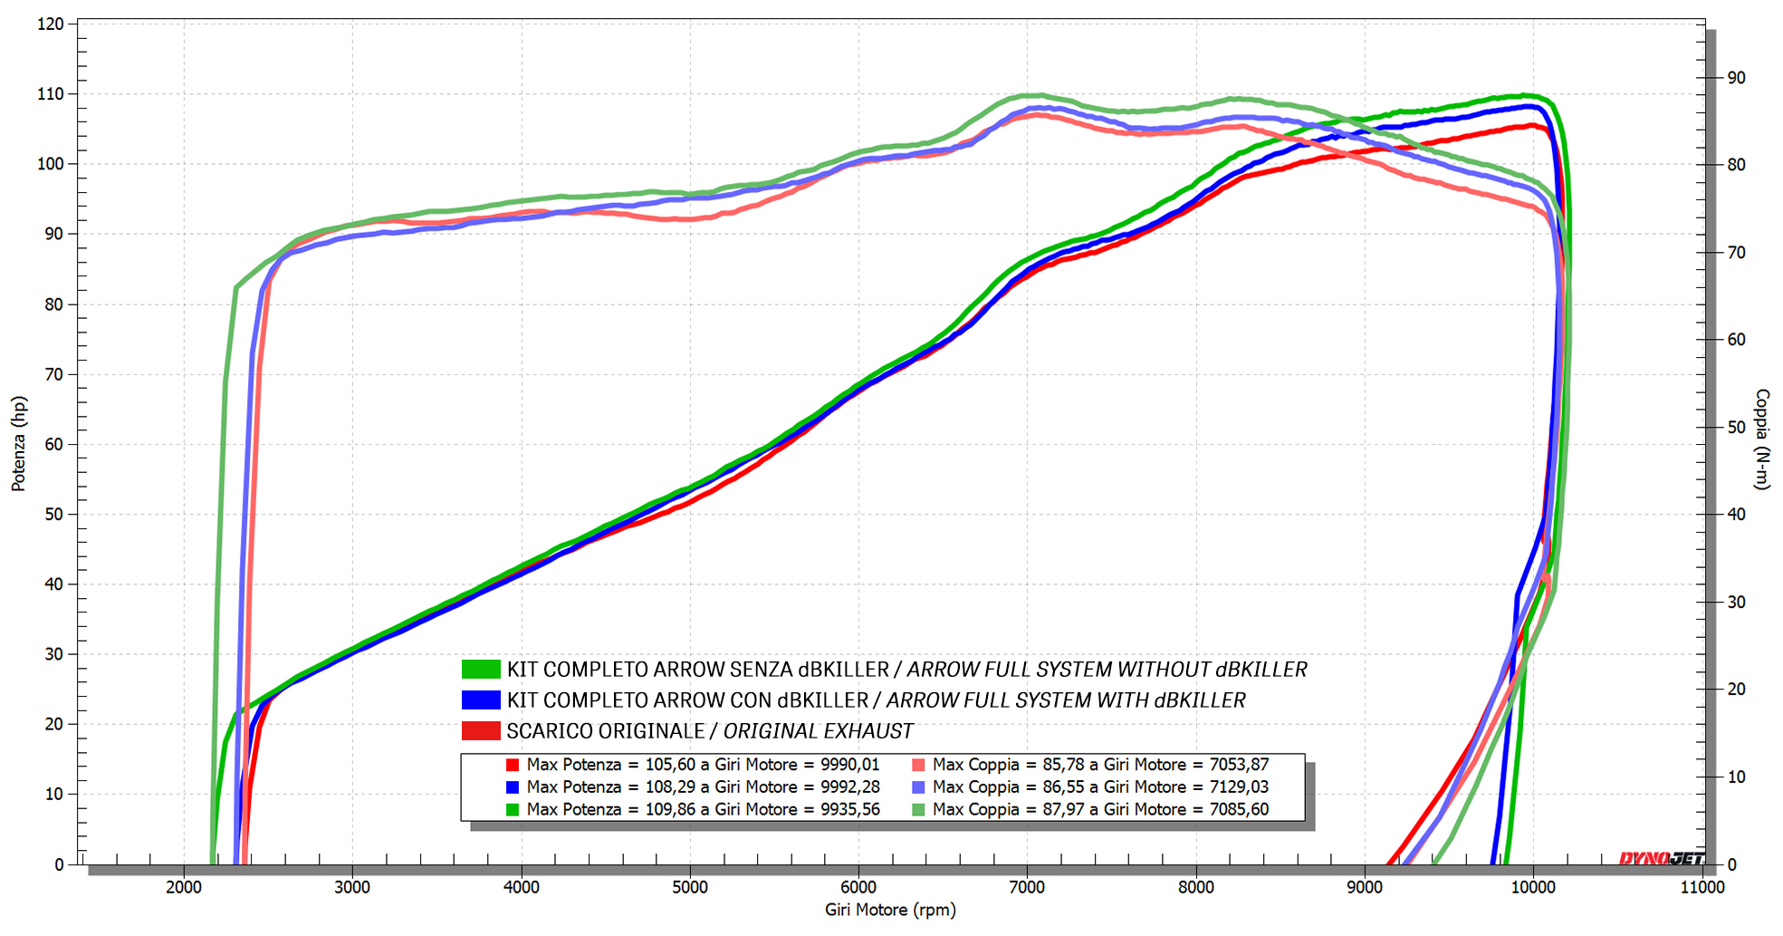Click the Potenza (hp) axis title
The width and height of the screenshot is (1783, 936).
coord(18,443)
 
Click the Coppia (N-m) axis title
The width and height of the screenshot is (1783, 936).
coord(1761,439)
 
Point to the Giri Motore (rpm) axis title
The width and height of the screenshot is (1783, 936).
coord(890,910)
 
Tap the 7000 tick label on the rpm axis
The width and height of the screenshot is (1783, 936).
coord(1027,887)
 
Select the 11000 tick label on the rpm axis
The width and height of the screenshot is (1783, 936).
coord(1702,887)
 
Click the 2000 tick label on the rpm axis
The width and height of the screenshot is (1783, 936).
coord(184,887)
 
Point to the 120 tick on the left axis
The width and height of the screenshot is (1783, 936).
coord(51,24)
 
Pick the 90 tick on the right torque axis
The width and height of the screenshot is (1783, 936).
coord(1736,78)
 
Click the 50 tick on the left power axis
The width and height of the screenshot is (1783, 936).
coord(54,515)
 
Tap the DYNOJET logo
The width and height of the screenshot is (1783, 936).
coord(1662,858)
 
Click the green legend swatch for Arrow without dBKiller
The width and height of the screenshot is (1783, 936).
coord(481,670)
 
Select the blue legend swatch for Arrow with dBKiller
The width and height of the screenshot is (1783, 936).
coord(481,700)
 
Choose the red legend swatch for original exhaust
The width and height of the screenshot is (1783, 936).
coord(481,731)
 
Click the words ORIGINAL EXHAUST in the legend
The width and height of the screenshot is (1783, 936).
coord(818,731)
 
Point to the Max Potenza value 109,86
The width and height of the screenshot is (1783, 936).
coord(671,809)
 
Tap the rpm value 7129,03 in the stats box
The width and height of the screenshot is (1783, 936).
coord(1239,787)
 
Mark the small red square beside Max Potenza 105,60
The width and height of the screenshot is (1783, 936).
coord(513,765)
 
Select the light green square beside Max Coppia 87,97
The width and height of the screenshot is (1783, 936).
coord(918,809)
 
